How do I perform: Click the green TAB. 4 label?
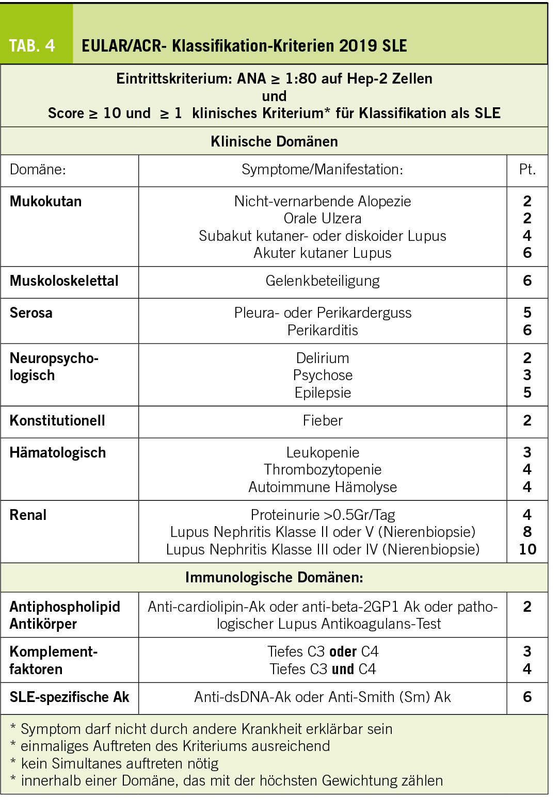(x=32, y=46)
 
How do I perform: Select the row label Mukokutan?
(x=45, y=201)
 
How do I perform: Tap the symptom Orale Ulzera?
(x=323, y=218)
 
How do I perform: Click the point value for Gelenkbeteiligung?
(x=527, y=281)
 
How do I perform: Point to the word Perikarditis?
(x=323, y=330)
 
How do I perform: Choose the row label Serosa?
(x=31, y=313)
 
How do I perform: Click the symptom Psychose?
(x=323, y=375)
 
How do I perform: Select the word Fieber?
(x=323, y=420)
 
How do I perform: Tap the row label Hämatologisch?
(x=58, y=452)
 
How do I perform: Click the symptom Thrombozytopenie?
(x=323, y=469)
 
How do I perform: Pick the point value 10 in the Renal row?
(x=527, y=549)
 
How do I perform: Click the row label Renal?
(x=28, y=515)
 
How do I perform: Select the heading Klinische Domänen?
(x=274, y=141)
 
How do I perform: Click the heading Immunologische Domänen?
(x=274, y=577)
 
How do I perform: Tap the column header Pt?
(x=527, y=169)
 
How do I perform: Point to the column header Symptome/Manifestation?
(x=323, y=169)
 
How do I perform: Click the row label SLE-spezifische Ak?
(x=69, y=697)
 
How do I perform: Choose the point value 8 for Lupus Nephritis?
(x=527, y=532)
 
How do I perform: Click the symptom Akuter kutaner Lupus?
(x=323, y=253)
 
